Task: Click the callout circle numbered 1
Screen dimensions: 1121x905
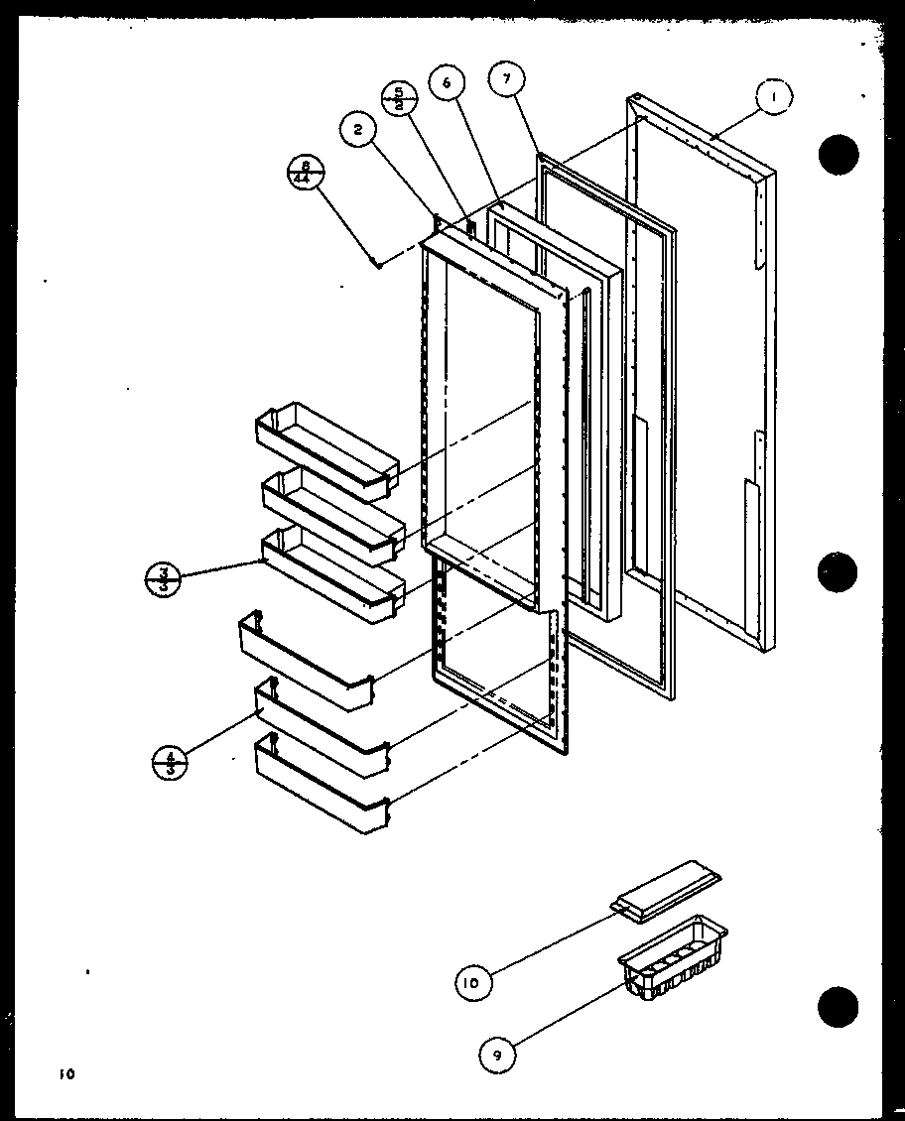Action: tap(773, 98)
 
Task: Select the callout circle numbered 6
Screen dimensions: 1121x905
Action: tap(447, 84)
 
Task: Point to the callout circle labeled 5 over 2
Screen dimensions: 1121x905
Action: tap(399, 100)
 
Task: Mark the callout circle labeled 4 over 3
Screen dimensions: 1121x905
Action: tap(170, 764)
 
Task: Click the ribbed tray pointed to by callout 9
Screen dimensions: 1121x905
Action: tap(672, 955)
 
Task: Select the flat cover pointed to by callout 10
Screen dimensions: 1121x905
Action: tap(665, 891)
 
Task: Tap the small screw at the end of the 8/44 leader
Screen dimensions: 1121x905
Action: tap(374, 263)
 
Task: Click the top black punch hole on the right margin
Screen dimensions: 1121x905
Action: tap(838, 154)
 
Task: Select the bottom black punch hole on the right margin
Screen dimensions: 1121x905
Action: tap(839, 1007)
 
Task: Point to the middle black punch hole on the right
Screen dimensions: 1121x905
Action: tap(839, 572)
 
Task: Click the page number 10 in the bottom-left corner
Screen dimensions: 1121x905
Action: tap(65, 1073)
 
